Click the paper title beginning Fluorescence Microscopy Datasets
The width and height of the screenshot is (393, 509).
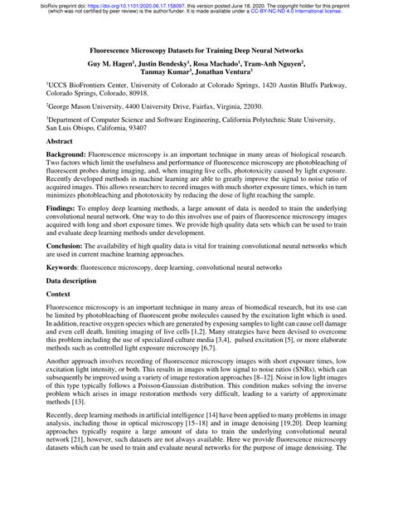pyautogui.click(x=197, y=51)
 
